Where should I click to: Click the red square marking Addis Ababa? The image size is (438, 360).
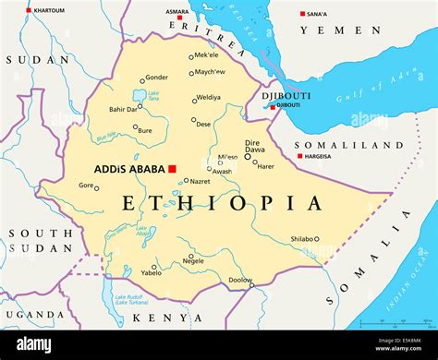click(172, 168)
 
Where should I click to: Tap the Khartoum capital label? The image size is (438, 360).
click(48, 10)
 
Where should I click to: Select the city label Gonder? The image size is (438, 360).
click(157, 78)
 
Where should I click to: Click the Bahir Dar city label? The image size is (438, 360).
click(123, 109)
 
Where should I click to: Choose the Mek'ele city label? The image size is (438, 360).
click(206, 55)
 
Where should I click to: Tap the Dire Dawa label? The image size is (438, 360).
click(252, 147)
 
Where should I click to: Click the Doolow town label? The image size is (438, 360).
click(240, 280)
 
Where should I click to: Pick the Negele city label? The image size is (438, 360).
click(193, 261)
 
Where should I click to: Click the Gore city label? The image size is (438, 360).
click(86, 186)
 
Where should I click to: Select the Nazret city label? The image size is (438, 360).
click(200, 182)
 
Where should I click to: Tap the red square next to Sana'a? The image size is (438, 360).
click(302, 14)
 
